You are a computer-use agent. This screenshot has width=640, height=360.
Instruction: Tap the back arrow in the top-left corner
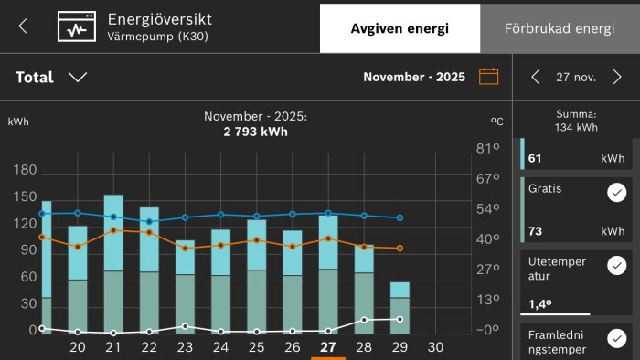click(23, 26)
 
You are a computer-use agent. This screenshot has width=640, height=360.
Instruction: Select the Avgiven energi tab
click(400, 28)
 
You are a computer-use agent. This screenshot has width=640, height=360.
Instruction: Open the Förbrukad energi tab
click(560, 28)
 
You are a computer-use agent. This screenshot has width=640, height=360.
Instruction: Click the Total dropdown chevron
click(78, 78)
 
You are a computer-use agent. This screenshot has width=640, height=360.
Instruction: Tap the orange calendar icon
click(489, 77)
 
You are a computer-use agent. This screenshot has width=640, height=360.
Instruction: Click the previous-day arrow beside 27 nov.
click(536, 77)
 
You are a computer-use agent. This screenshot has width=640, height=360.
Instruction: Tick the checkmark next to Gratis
click(615, 193)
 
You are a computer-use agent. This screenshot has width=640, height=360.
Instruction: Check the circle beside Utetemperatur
click(615, 265)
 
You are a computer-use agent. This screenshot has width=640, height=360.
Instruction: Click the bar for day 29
click(400, 307)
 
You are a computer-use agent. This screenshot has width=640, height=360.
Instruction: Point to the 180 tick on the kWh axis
click(26, 170)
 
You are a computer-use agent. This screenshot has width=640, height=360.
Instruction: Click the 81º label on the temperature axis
click(490, 148)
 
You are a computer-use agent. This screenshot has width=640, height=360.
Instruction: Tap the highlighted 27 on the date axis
click(327, 347)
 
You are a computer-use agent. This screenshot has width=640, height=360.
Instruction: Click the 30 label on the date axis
click(435, 347)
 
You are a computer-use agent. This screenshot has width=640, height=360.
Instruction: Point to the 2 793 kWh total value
click(255, 132)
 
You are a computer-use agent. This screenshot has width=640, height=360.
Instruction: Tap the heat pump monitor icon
click(77, 26)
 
